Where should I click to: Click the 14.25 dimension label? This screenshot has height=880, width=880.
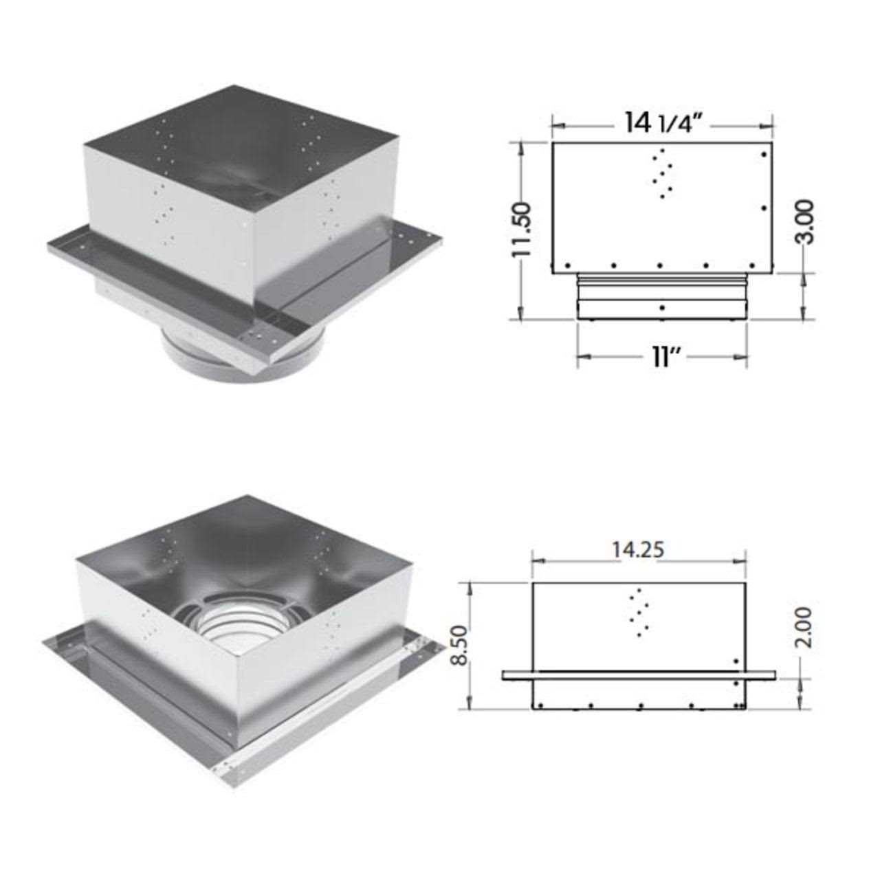coord(639,550)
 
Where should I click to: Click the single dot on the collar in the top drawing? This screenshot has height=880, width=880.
coord(661,307)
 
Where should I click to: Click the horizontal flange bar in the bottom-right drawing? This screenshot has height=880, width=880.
coord(639,676)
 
